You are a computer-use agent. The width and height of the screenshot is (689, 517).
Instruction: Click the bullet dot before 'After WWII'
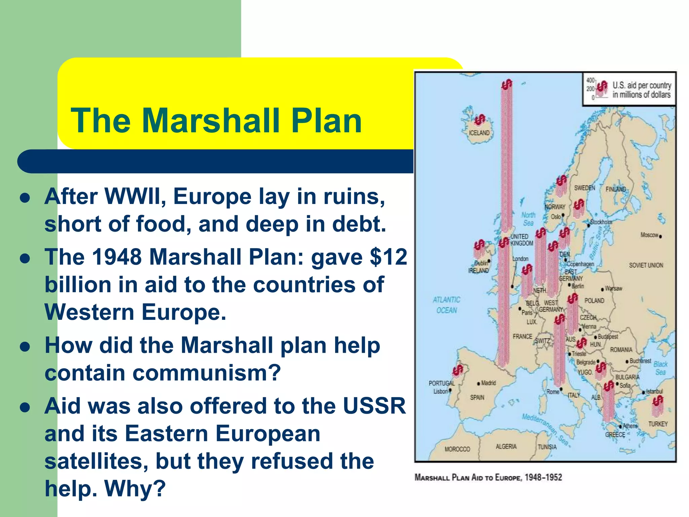(25, 198)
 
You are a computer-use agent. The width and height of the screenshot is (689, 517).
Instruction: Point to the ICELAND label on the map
(479, 133)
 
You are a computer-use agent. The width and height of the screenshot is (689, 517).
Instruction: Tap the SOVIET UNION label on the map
(646, 265)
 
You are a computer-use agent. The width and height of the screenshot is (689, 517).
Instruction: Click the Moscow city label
(649, 235)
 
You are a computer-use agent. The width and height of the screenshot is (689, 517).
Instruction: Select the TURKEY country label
(658, 424)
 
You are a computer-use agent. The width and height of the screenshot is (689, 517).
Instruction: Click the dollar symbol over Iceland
(480, 119)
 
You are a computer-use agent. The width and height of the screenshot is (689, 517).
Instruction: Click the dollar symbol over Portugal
(458, 370)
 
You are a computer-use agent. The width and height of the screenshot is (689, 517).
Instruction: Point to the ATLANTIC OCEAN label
(446, 305)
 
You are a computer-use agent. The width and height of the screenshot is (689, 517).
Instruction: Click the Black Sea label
(660, 368)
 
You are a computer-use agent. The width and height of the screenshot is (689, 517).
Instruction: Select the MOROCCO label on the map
(457, 449)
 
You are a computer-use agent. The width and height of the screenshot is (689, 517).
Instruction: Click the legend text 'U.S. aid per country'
(642, 85)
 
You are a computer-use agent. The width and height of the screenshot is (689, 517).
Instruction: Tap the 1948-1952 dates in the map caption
(543, 477)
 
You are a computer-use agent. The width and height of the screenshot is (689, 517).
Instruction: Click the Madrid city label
(488, 383)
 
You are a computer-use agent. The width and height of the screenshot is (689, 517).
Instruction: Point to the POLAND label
(594, 301)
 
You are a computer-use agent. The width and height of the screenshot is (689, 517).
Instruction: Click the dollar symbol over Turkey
(658, 401)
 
